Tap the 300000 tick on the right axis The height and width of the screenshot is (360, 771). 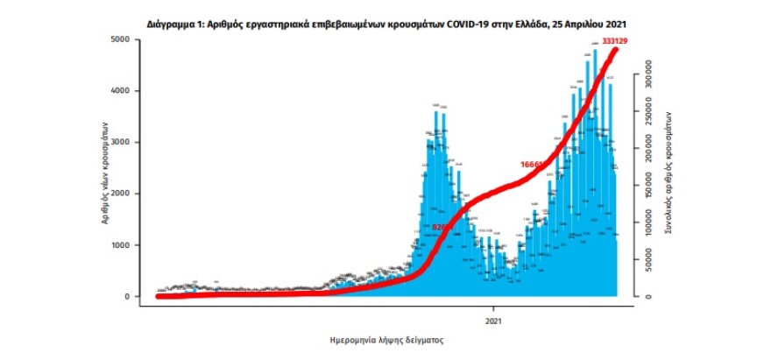(x=650, y=77)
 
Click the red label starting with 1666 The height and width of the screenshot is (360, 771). (x=533, y=164)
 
